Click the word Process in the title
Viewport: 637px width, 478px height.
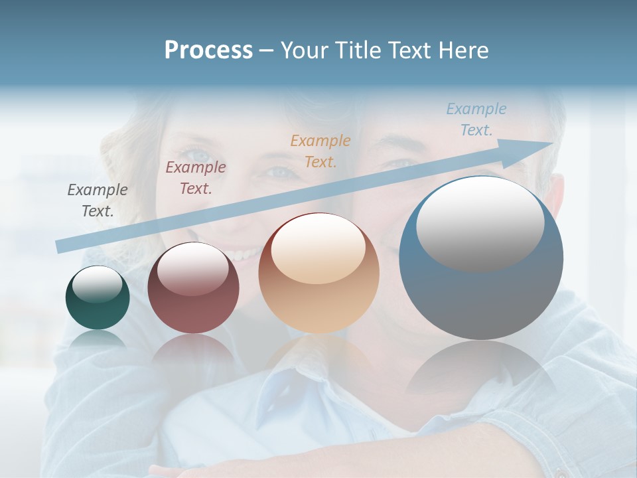point(208,50)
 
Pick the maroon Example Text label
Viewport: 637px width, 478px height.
point(196,178)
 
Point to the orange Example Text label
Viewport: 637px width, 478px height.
point(320,151)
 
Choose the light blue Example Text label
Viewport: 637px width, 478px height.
point(476,119)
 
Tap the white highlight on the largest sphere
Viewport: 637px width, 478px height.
point(480,222)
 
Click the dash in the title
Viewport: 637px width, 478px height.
point(266,51)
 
